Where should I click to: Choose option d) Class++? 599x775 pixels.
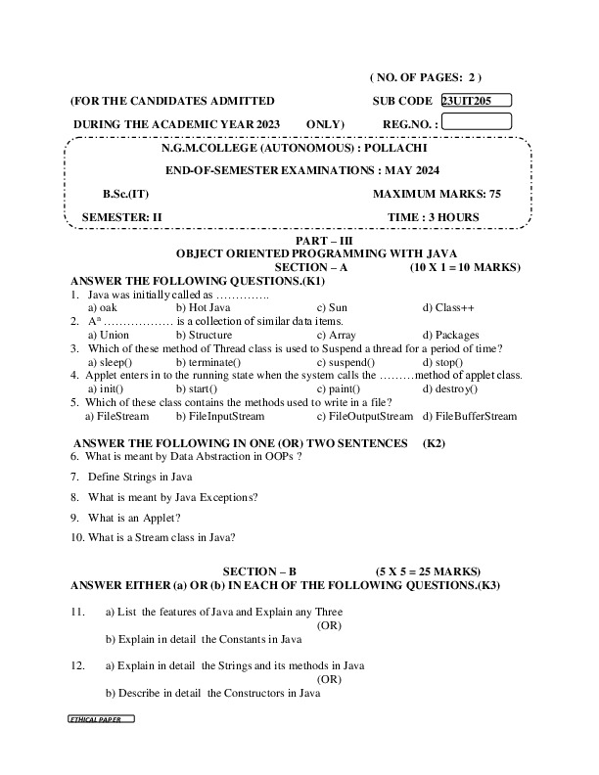[x=448, y=307]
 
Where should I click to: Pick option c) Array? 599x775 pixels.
[x=336, y=335]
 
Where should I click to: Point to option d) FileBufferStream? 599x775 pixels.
[x=470, y=416]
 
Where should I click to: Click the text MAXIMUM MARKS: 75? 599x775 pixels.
[x=437, y=194]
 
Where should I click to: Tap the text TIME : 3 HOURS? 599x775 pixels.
[x=434, y=217]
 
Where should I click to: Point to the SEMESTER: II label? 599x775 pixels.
[x=121, y=217]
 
